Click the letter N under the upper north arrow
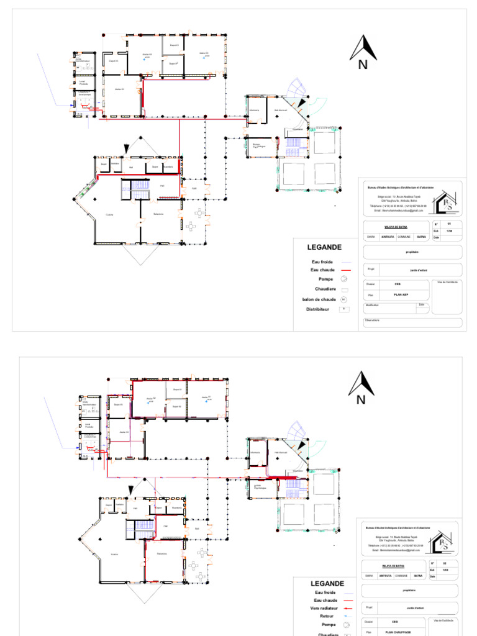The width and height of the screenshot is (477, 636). point(363,65)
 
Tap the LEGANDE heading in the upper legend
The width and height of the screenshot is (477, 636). point(324,247)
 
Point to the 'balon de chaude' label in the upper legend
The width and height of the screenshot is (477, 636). point(319,299)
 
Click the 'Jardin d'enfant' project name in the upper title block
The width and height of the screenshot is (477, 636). point(407,270)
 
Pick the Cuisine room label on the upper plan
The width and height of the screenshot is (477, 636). point(109,215)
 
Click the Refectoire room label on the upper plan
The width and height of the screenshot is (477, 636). point(158,214)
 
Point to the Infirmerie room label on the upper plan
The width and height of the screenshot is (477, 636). point(253,110)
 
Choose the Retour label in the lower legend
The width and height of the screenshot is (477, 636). point(327,616)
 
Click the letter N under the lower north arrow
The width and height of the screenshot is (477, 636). point(361,400)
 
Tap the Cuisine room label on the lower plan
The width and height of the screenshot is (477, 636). point(114,554)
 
